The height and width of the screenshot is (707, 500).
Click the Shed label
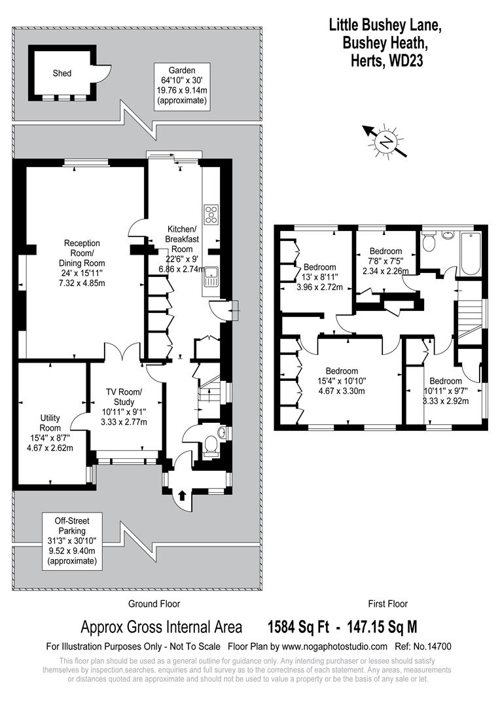pos(62,73)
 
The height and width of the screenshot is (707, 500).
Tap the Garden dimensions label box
pos(181,85)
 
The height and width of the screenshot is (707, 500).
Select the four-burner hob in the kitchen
pos(213,214)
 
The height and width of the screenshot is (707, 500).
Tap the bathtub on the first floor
pos(472,254)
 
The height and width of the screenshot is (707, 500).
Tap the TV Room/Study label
pos(124,407)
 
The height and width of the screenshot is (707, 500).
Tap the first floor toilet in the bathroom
pos(429,243)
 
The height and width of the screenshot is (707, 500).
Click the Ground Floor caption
pos(154,604)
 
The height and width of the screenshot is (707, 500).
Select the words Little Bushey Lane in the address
pos(385,26)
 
